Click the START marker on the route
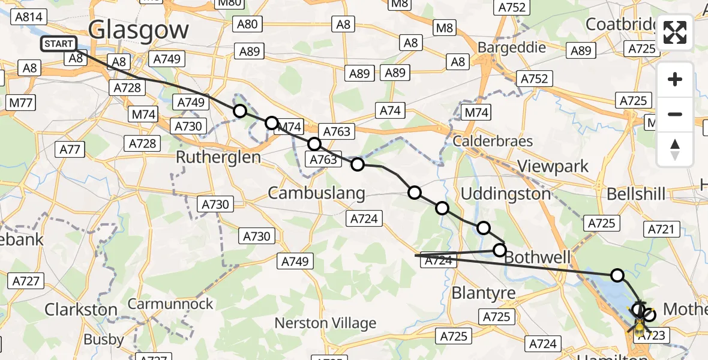pyautogui.click(x=59, y=44)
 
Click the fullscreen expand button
pyautogui.click(x=675, y=32)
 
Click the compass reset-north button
pyautogui.click(x=675, y=149)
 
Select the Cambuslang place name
pyautogui.click(x=316, y=193)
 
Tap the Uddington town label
pyautogui.click(x=505, y=194)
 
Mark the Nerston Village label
pyautogui.click(x=325, y=323)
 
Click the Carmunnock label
pyautogui.click(x=170, y=304)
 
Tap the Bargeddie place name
pyautogui.click(x=511, y=47)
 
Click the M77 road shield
pyautogui.click(x=20, y=103)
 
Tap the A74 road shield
pyautogui.click(x=390, y=110)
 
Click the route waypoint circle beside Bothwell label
pyautogui.click(x=500, y=250)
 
